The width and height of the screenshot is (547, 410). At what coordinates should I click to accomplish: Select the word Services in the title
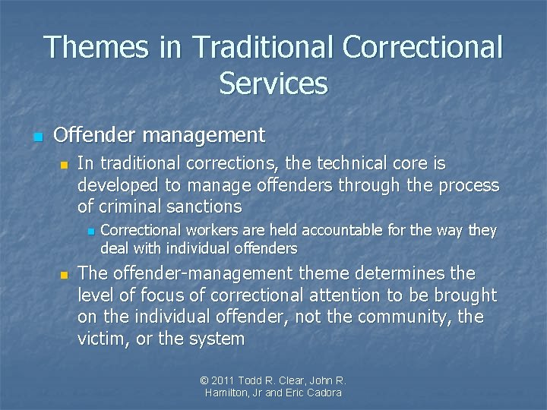(273, 83)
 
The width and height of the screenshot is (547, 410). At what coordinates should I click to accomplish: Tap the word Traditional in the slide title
(261, 48)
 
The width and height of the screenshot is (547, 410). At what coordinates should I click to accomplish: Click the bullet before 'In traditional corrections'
(64, 165)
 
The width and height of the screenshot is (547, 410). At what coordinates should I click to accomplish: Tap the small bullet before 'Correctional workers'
(90, 231)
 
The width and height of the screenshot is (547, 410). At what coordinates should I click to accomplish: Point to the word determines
(420, 273)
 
